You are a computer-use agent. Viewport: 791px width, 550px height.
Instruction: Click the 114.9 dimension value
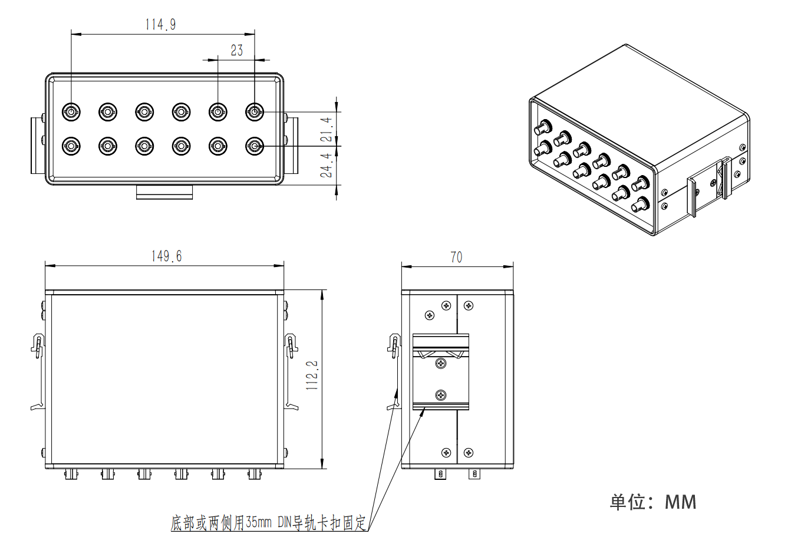click(x=160, y=24)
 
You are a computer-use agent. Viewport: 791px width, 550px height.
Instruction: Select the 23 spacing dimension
click(x=236, y=51)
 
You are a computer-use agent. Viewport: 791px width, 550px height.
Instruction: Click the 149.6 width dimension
click(x=166, y=256)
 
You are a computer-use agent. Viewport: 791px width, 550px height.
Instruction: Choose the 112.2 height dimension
click(x=312, y=376)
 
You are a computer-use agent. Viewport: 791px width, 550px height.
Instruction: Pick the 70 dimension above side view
click(x=456, y=257)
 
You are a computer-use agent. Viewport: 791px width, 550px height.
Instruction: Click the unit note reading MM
click(x=653, y=502)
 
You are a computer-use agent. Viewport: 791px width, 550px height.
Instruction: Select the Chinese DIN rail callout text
click(x=269, y=522)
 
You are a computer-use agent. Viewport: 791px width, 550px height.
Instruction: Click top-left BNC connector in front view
click(x=71, y=111)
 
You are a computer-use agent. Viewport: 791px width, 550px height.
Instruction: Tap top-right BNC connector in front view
click(x=255, y=111)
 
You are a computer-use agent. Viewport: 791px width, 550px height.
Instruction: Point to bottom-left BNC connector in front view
click(x=71, y=146)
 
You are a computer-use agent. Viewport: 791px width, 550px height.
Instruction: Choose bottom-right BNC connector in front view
click(x=255, y=146)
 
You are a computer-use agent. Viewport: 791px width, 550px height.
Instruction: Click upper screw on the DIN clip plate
click(x=441, y=364)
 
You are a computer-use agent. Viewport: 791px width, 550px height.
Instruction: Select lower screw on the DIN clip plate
click(x=441, y=396)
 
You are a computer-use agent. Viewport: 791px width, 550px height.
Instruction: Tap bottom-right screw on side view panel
click(x=468, y=453)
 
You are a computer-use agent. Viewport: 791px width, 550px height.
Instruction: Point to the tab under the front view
click(x=164, y=192)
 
